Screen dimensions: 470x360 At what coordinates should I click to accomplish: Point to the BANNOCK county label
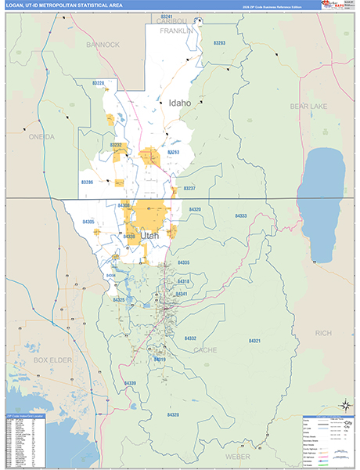103,45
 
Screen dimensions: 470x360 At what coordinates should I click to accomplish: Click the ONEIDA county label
41,136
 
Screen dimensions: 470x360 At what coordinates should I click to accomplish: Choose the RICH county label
322,333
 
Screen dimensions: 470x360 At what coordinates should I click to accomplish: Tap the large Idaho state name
179,103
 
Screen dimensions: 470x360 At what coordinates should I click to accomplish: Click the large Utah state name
149,235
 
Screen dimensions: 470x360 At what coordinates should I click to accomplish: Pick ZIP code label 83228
99,104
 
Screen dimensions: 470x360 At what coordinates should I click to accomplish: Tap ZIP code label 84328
172,414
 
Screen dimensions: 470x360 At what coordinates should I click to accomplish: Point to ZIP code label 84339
130,382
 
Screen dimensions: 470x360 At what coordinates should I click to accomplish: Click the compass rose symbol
344,405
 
